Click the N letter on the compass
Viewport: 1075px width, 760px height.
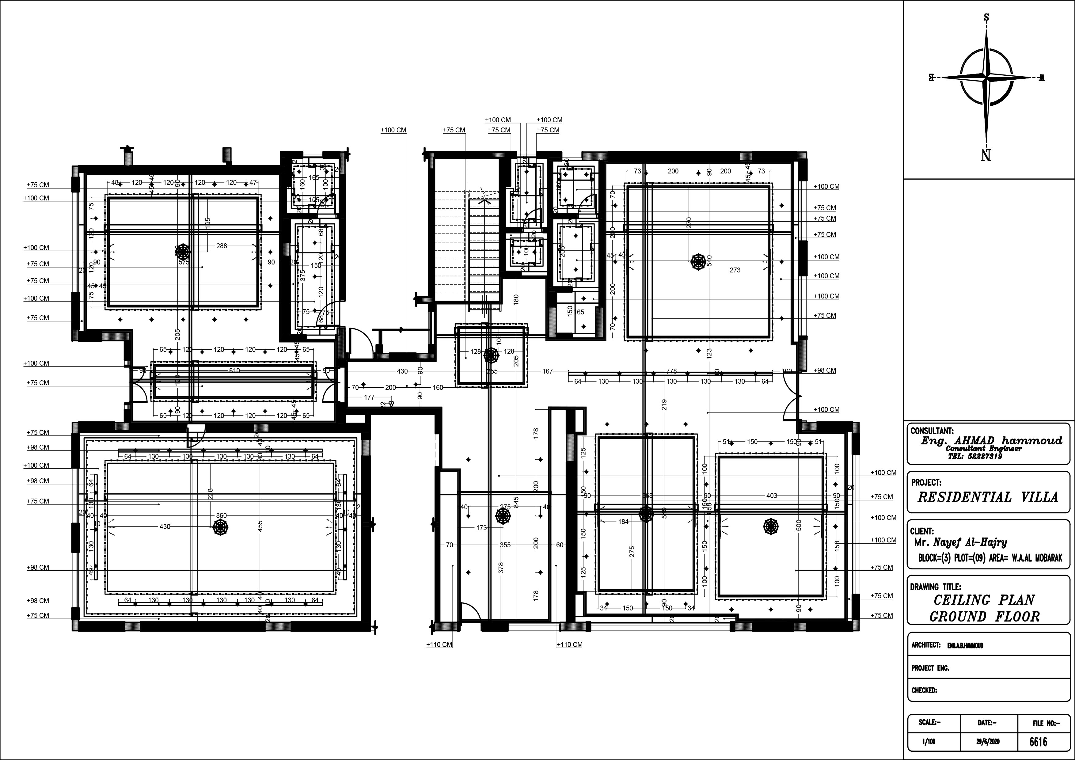(986, 155)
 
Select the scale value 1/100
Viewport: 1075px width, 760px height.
(926, 742)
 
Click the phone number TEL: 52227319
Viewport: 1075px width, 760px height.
(975, 456)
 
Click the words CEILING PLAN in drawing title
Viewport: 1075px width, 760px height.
(984, 600)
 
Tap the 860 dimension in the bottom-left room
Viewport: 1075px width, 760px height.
(221, 515)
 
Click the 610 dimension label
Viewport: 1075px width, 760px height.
(234, 370)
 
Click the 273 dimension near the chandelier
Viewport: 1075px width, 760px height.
(735, 270)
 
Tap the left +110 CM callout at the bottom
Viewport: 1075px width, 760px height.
(439, 645)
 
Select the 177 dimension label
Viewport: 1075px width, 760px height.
(369, 397)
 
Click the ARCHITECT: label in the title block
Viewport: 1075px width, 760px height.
(926, 645)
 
